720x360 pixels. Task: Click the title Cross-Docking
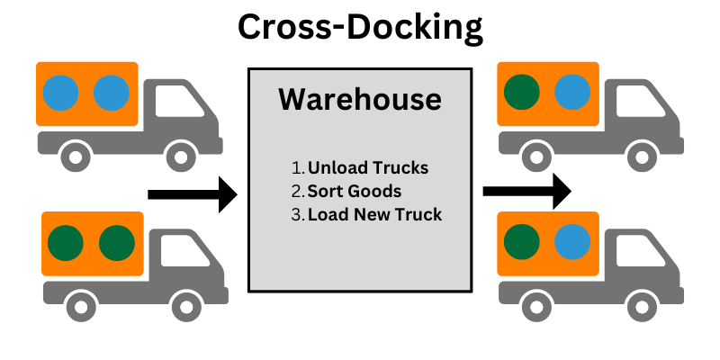pyautogui.click(x=360, y=28)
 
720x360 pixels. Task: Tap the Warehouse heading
pyautogui.click(x=360, y=98)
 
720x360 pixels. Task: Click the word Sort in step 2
pyautogui.click(x=324, y=191)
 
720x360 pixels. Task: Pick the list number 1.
pyautogui.click(x=297, y=168)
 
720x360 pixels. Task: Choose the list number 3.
pyautogui.click(x=297, y=214)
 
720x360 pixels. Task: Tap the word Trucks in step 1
pyautogui.click(x=399, y=168)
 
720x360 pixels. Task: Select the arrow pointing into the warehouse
pyautogui.click(x=192, y=194)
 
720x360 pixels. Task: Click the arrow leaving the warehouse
pyautogui.click(x=526, y=191)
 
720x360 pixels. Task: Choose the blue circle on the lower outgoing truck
pyautogui.click(x=572, y=241)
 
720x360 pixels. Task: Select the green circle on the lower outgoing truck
pyautogui.click(x=521, y=241)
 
